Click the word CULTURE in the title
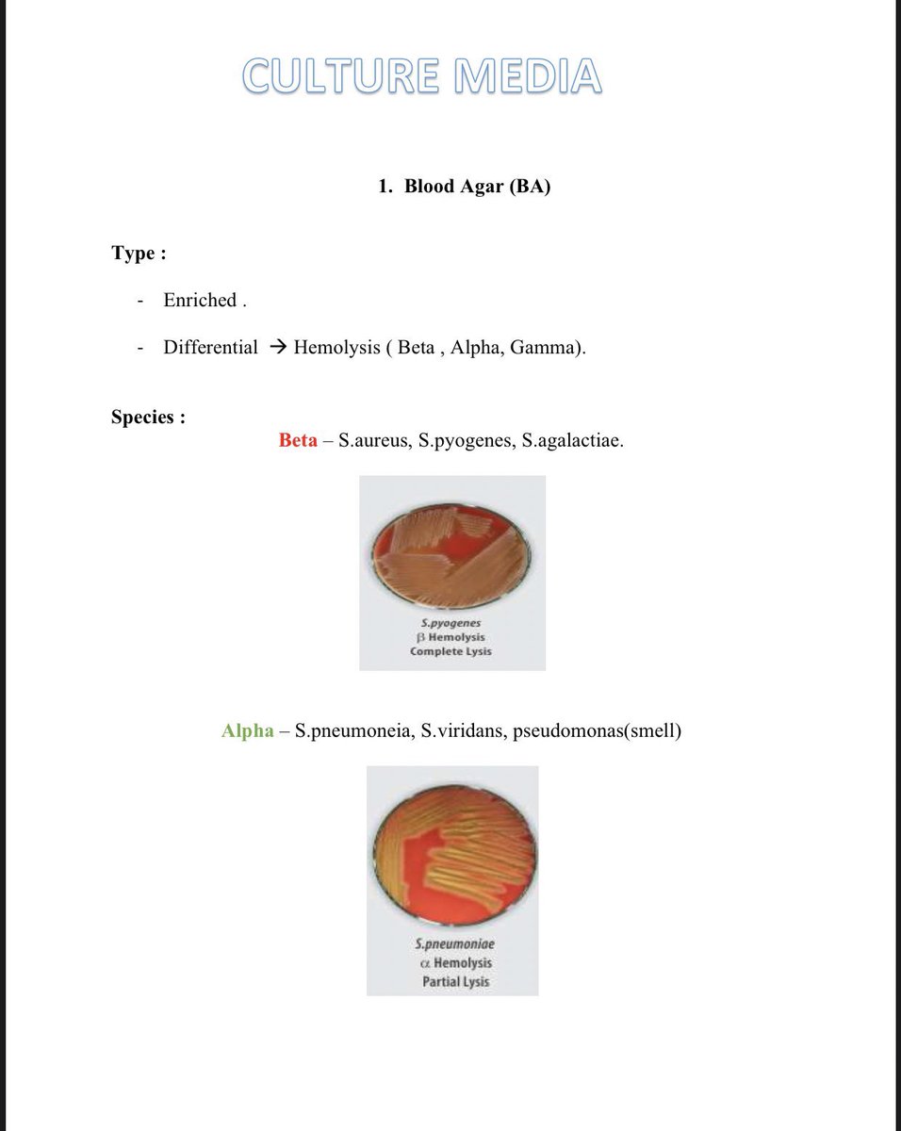(x=341, y=76)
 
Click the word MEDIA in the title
(x=527, y=76)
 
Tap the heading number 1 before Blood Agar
(x=385, y=186)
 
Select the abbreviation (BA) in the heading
(x=530, y=186)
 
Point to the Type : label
(x=139, y=253)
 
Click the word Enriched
(x=200, y=300)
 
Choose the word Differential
(x=210, y=347)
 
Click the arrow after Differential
(x=276, y=347)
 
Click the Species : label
(x=148, y=417)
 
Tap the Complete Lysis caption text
(x=450, y=651)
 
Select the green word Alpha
(x=248, y=730)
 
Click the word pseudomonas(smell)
(x=597, y=730)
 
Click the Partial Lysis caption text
(x=456, y=981)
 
